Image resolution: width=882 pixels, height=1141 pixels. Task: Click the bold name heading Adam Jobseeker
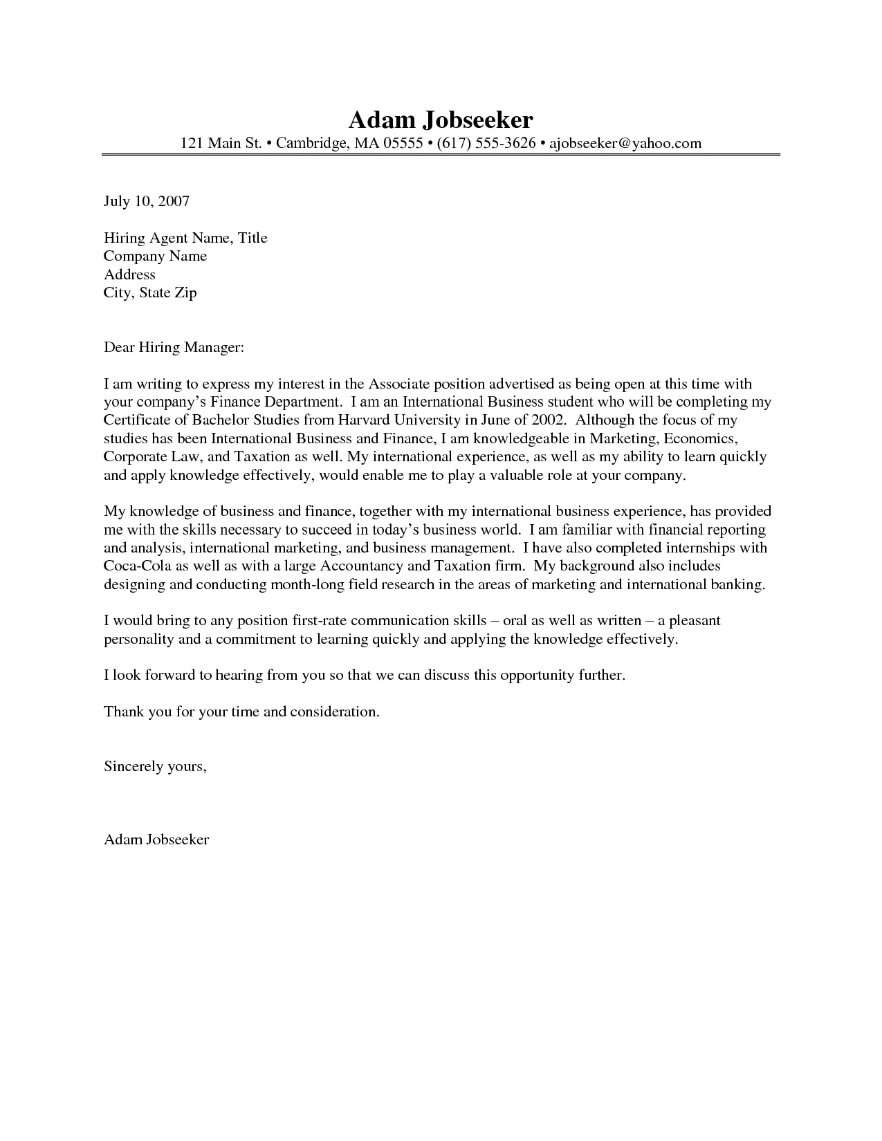tap(441, 120)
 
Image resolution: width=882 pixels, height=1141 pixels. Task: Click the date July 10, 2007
tap(146, 201)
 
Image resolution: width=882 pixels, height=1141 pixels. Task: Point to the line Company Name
tap(155, 256)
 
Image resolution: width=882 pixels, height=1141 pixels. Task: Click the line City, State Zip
tap(150, 293)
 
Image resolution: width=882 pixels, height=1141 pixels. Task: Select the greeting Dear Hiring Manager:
tap(174, 347)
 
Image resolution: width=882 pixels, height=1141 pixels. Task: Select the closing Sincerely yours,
tap(155, 766)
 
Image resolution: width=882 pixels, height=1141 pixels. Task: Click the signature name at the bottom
tap(156, 839)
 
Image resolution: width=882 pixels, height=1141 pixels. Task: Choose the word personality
tap(139, 639)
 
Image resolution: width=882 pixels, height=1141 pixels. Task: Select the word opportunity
tap(538, 675)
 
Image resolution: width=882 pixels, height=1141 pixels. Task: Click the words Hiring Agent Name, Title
tap(185, 238)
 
